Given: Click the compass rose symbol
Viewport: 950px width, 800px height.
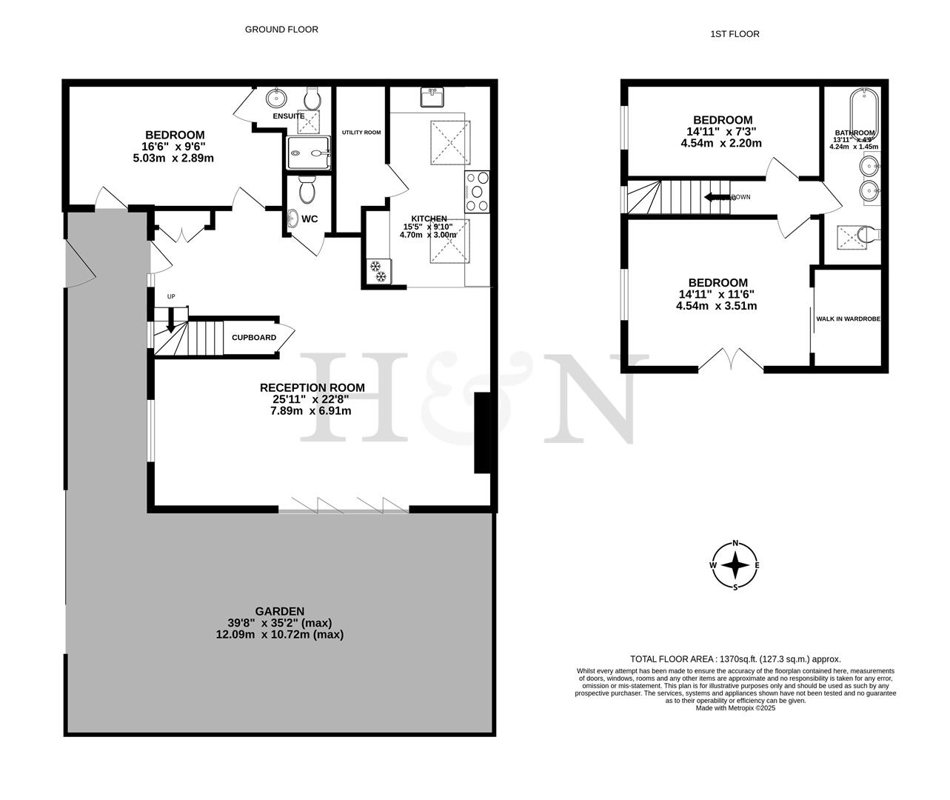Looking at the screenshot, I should [735, 565].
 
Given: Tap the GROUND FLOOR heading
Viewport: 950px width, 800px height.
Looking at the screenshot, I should [281, 30].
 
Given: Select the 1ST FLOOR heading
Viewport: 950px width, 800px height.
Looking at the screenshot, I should [735, 34].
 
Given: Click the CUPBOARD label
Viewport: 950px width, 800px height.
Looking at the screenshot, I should [254, 338].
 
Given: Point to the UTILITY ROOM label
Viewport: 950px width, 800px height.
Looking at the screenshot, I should [361, 133].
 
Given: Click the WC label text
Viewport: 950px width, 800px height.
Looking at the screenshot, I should [310, 219].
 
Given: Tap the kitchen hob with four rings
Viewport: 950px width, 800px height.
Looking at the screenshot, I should [478, 191].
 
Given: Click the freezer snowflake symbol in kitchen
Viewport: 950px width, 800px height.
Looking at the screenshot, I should [377, 271].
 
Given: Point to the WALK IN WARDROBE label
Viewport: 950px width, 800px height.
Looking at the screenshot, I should [848, 319].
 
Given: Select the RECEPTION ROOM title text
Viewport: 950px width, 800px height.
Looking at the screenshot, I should [312, 387].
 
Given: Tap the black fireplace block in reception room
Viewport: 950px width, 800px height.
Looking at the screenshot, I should [482, 433].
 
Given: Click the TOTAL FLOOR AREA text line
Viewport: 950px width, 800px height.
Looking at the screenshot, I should [735, 659].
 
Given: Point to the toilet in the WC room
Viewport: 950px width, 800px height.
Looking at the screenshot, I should [307, 191].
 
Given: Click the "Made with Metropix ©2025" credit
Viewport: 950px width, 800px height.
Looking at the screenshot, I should [735, 708].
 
